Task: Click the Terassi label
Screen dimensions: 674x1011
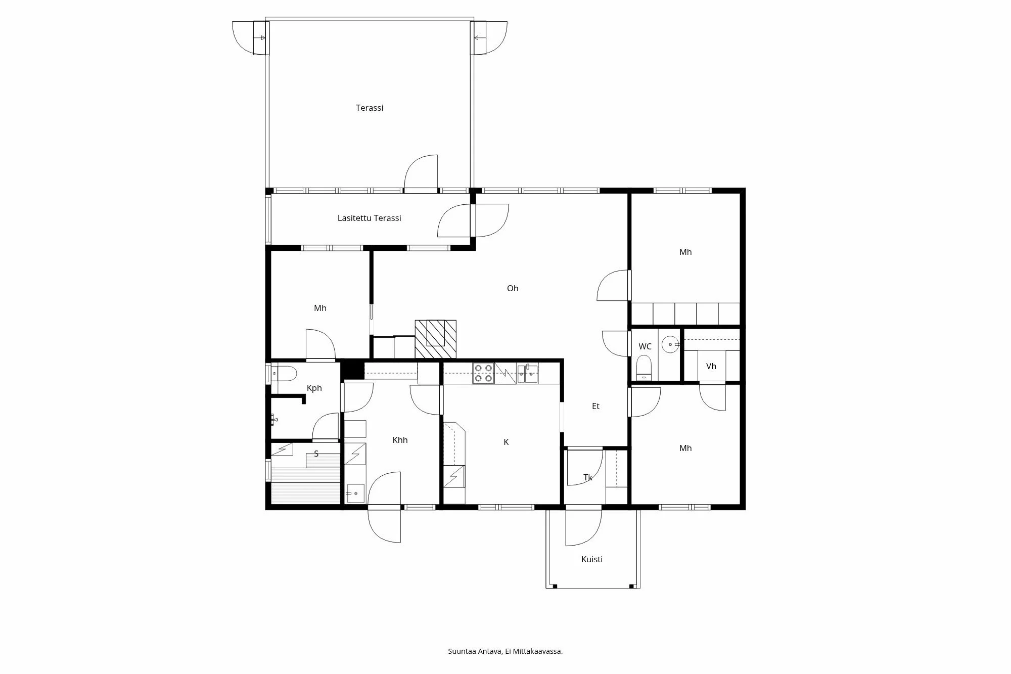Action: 369,108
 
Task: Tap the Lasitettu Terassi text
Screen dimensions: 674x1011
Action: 369,218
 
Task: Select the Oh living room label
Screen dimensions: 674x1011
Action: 512,288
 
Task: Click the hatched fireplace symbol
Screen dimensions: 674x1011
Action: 435,339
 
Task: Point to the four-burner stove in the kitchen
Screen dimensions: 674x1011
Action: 483,373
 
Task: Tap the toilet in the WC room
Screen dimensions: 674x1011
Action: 644,367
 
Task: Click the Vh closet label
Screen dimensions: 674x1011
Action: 711,366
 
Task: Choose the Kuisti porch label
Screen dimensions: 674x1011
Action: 591,559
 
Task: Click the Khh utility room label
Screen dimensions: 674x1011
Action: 400,440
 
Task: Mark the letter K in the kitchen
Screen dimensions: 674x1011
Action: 505,442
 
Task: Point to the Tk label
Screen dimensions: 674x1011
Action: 587,477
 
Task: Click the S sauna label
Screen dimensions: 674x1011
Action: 316,454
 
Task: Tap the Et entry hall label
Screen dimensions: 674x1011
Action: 595,406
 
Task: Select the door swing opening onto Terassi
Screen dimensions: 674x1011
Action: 421,172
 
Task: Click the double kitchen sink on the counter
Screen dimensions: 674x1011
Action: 527,374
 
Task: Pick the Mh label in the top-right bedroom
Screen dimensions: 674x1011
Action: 685,252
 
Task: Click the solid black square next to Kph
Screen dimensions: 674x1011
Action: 353,370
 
